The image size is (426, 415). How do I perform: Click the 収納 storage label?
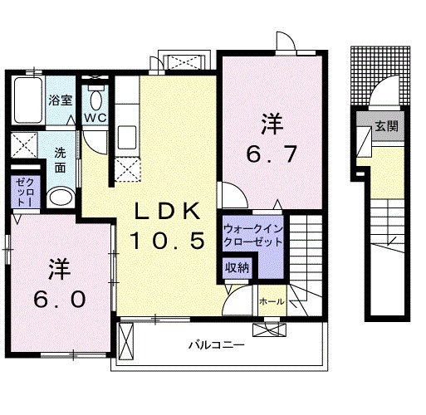coord(237,267)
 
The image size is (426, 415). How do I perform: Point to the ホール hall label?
coord(272,300)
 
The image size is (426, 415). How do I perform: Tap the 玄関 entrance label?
coord(385,127)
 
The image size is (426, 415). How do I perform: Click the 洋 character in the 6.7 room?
coord(272,124)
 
